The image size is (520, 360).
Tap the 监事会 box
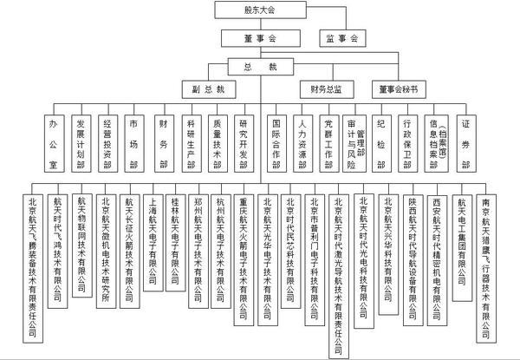(344, 39)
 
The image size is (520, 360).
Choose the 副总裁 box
(209, 89)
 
